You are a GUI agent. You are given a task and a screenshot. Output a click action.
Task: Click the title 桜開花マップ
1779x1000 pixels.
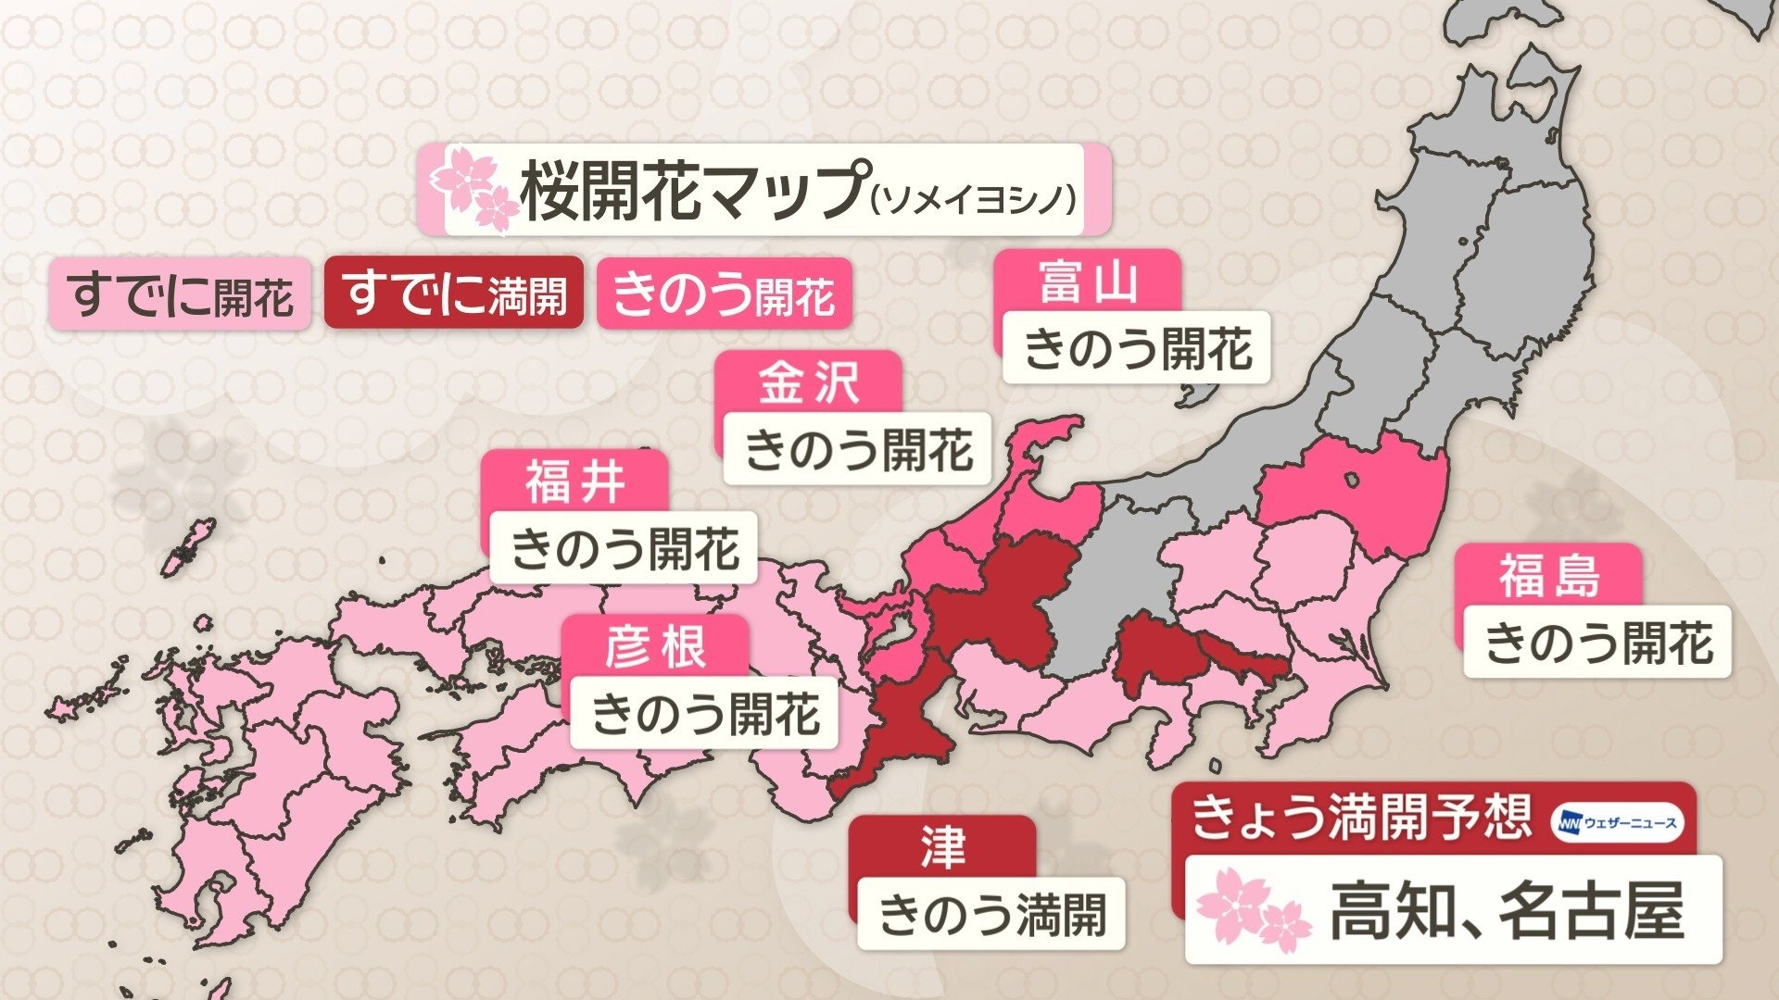point(693,190)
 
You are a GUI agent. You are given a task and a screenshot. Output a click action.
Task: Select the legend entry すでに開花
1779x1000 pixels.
point(180,294)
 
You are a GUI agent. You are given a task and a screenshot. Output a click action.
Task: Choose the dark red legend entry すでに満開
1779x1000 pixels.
point(454,294)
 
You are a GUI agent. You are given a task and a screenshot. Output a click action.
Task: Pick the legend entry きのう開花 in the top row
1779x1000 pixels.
point(724,294)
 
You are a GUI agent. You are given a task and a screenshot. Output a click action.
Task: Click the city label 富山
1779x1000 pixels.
point(1088,281)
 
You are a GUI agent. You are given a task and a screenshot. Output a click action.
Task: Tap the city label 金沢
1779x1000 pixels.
point(809,381)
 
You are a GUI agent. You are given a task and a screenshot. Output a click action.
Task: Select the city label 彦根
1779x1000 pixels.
point(656,645)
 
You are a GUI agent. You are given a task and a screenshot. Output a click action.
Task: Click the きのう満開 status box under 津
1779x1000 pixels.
point(990,914)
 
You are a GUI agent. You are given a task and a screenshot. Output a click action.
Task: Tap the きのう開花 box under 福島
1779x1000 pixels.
point(1597,642)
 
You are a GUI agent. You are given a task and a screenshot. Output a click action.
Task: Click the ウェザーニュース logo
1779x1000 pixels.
point(1617,822)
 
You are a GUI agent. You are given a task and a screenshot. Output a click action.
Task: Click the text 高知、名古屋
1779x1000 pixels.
point(1507,911)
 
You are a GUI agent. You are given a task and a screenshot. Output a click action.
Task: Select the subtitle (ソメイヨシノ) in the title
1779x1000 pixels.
point(975,197)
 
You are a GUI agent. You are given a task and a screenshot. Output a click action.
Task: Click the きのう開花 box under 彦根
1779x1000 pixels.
point(704,714)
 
